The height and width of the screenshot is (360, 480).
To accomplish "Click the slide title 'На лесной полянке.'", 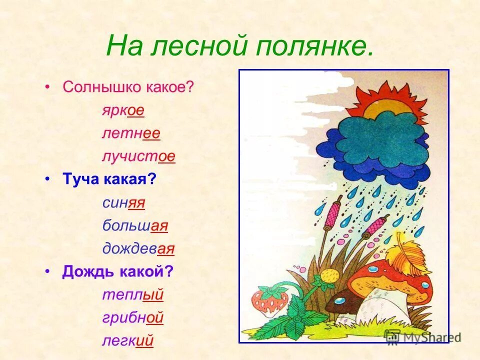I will [x=239, y=47].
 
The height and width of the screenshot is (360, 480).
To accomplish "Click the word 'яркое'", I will [x=123, y=110].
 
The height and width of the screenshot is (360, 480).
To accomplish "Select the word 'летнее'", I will [x=131, y=133].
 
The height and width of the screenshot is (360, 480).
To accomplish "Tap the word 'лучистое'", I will [x=138, y=156].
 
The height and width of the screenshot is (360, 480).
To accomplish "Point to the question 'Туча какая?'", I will [x=109, y=179].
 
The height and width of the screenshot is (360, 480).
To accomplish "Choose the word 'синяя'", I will [x=123, y=202].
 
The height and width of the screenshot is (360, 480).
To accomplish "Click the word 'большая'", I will [x=135, y=225].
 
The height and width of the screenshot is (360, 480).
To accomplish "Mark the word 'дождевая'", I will [x=138, y=248].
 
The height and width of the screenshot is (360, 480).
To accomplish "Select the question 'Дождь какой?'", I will [x=117, y=271].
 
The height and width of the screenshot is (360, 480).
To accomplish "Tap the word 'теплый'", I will [x=133, y=294].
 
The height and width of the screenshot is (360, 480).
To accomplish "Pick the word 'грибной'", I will [x=133, y=317].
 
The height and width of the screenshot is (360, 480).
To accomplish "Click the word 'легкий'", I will [x=127, y=340].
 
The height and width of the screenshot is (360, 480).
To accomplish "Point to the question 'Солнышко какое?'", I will [x=128, y=87].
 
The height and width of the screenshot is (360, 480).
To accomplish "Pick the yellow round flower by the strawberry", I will [x=327, y=276].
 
